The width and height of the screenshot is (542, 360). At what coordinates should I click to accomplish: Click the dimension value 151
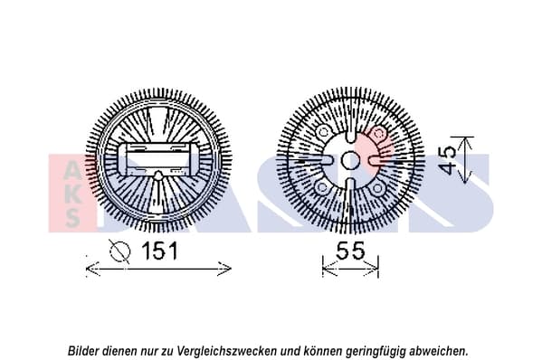[160, 251]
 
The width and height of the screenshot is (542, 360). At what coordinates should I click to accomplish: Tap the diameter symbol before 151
[119, 251]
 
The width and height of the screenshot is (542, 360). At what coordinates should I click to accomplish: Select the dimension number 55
[350, 251]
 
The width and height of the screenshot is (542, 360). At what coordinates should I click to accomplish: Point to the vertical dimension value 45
[447, 159]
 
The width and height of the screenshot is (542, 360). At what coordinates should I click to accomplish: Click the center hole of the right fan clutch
[350, 160]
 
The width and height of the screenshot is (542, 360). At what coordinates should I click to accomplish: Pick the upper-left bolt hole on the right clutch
[324, 132]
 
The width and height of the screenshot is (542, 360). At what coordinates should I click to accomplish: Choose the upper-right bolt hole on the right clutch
[379, 133]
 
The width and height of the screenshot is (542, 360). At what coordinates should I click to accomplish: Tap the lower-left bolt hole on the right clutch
[322, 187]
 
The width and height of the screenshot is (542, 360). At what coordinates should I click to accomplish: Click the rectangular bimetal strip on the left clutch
[158, 159]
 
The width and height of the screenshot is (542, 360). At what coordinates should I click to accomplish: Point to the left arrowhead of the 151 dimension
[92, 269]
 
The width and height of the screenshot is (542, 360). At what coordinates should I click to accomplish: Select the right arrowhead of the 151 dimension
[224, 269]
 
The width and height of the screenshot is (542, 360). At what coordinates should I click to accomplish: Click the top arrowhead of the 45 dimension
[466, 143]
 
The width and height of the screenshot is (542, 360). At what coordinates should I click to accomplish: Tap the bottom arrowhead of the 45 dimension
[466, 177]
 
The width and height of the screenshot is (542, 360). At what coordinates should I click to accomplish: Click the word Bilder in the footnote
[80, 351]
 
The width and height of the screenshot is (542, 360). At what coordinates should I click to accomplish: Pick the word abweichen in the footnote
[438, 351]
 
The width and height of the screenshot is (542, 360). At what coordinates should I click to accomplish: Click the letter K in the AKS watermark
[72, 195]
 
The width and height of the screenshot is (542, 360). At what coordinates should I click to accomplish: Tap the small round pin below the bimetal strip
[158, 175]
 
